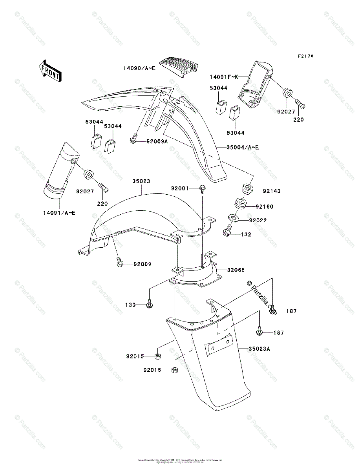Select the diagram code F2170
click(306, 57)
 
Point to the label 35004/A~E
click(243, 148)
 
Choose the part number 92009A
click(157, 141)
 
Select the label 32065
click(236, 270)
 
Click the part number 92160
click(265, 206)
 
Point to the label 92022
click(258, 221)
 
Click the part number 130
click(130, 305)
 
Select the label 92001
click(180, 188)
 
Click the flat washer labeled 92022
click(232, 218)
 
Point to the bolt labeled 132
click(227, 232)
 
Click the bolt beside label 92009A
click(134, 138)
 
